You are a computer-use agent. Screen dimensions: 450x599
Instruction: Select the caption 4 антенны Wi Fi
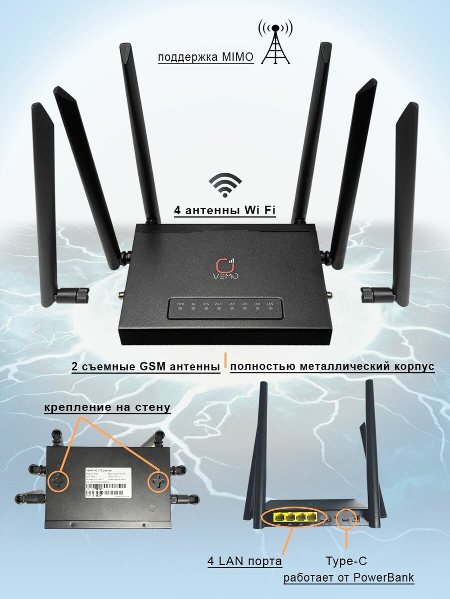[x=225, y=211]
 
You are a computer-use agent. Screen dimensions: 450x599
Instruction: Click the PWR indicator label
[x=180, y=304]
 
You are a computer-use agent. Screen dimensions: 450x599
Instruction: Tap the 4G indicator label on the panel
[x=193, y=304]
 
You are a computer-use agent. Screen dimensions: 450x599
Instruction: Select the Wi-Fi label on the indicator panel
[x=219, y=304]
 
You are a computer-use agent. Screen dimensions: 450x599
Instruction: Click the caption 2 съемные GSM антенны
[x=146, y=367]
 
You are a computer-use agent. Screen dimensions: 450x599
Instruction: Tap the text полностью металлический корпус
[x=332, y=366]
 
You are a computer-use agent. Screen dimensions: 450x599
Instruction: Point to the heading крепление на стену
[x=107, y=407]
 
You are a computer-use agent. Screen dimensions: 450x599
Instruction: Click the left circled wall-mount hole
[x=57, y=480]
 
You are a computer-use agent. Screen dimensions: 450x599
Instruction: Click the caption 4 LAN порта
[x=245, y=561]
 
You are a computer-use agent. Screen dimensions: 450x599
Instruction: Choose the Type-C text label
[x=346, y=561]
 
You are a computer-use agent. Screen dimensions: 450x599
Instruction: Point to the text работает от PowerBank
[x=349, y=578]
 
